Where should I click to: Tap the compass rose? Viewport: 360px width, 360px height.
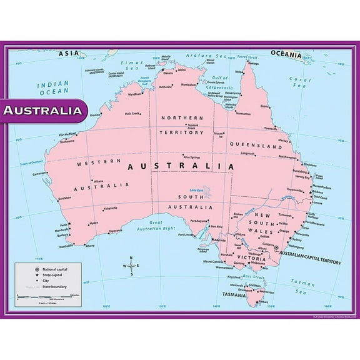coord(131,266)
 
